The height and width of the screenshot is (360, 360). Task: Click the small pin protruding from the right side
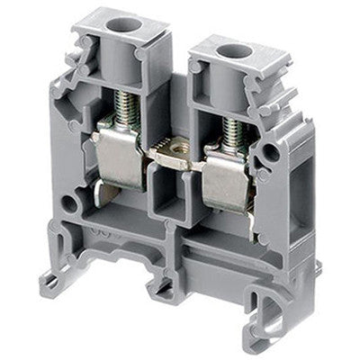point(319,268)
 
